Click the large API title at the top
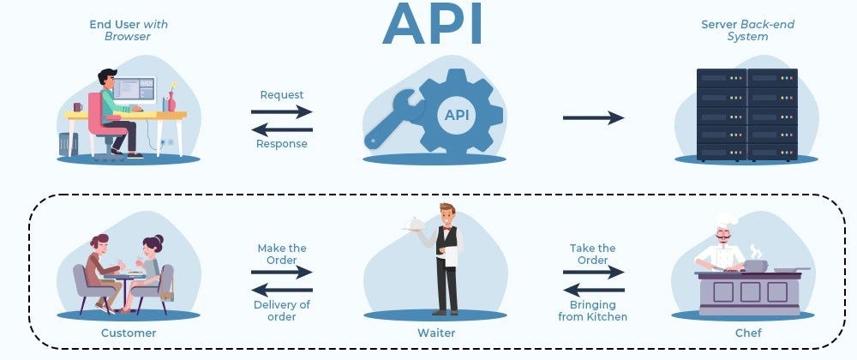[x=432, y=26]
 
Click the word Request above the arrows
[x=282, y=94]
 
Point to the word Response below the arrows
[x=282, y=144]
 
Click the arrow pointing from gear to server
[x=593, y=117]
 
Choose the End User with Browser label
[x=129, y=31]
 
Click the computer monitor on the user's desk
[x=135, y=90]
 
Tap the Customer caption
[x=129, y=332]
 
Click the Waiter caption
[x=436, y=332]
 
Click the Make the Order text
[x=282, y=255]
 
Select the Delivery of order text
[x=282, y=310]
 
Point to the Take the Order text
[x=593, y=255]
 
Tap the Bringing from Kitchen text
[x=593, y=310]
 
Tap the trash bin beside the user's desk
[x=69, y=143]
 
